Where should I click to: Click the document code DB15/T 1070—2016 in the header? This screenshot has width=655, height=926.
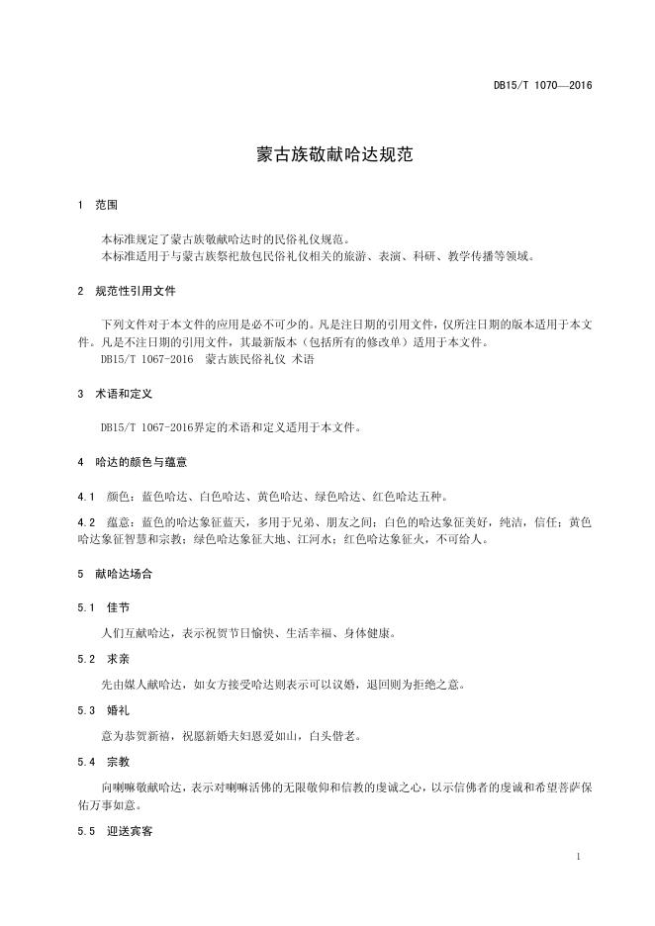click(542, 86)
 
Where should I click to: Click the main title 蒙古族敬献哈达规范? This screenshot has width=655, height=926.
click(327, 155)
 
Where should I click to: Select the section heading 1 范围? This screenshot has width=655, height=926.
click(98, 206)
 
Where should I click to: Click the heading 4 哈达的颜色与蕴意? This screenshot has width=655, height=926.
click(133, 462)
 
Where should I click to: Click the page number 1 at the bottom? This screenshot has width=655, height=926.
click(578, 856)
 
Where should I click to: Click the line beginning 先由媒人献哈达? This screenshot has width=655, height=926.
click(276, 684)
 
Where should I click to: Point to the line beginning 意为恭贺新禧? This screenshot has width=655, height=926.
click(225, 736)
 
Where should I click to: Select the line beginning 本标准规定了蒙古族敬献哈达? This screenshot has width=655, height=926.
click(226, 239)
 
